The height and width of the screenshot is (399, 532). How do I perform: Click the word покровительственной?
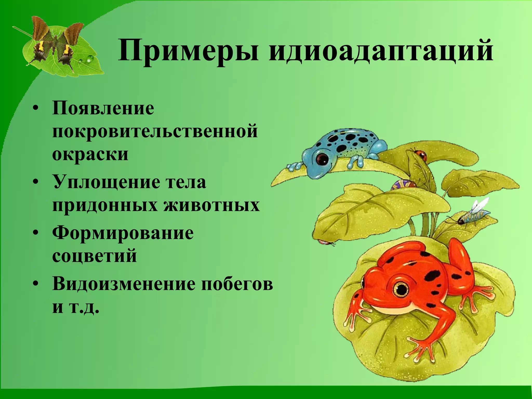pyautogui.click(x=155, y=131)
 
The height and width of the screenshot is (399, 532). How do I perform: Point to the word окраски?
pyautogui.click(x=90, y=154)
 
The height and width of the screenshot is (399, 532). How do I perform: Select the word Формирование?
pyautogui.click(x=123, y=233)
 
